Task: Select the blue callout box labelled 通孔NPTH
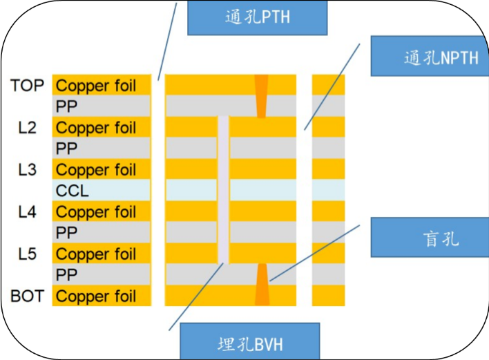tap(430, 56)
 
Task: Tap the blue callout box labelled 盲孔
tap(430, 239)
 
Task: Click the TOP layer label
tap(28, 86)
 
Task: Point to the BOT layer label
tap(28, 296)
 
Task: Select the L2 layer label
tap(28, 128)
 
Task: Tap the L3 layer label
tap(28, 170)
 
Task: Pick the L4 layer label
tap(28, 212)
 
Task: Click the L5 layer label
tap(28, 254)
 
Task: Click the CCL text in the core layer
tap(73, 191)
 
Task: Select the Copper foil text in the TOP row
tap(96, 86)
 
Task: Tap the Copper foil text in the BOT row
tap(96, 297)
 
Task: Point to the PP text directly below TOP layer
tap(66, 107)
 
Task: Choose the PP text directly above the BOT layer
tap(66, 275)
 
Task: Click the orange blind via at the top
tap(261, 95)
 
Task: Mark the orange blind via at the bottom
tap(262, 284)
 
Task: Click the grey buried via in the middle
tap(223, 189)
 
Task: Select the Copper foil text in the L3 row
tap(96, 171)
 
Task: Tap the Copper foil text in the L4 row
tap(96, 213)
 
